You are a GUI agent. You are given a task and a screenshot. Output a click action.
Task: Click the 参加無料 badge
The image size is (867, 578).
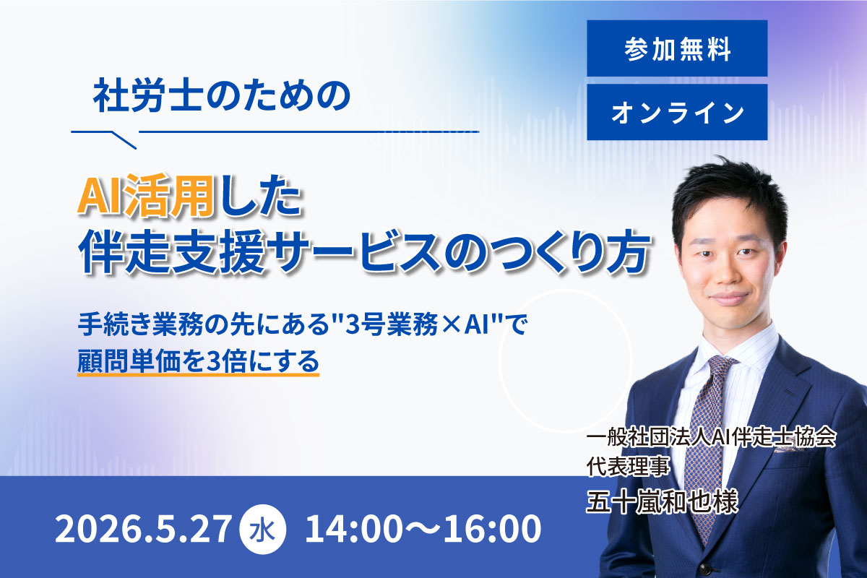pyautogui.click(x=677, y=48)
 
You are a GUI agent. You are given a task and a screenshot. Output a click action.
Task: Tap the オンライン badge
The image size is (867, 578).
pyautogui.click(x=677, y=112)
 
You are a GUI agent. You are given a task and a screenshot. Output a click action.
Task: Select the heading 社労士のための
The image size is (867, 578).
pyautogui.click(x=222, y=95)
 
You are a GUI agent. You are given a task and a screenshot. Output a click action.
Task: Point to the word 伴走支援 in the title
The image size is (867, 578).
pyautogui.click(x=172, y=252)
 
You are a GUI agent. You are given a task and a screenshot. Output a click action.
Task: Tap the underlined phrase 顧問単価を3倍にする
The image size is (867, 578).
pyautogui.click(x=198, y=361)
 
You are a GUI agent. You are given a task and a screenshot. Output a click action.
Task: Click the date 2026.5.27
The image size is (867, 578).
pyautogui.click(x=143, y=529)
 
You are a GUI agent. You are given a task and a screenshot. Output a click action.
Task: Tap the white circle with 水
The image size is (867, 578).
pyautogui.click(x=263, y=530)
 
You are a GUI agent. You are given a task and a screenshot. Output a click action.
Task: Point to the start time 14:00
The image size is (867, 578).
pyautogui.click(x=353, y=529)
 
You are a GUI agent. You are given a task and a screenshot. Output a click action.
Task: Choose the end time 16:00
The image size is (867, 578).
pyautogui.click(x=492, y=529)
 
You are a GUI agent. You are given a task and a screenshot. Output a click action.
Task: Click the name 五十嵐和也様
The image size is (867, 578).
pyautogui.click(x=663, y=502)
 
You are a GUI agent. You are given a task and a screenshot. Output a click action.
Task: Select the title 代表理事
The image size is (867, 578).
pyautogui.click(x=628, y=467)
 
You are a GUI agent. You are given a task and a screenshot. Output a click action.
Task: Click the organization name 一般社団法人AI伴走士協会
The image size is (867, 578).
pyautogui.click(x=712, y=439)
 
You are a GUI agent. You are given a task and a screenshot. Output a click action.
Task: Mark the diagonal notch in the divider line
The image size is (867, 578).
pyautogui.click(x=124, y=140)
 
